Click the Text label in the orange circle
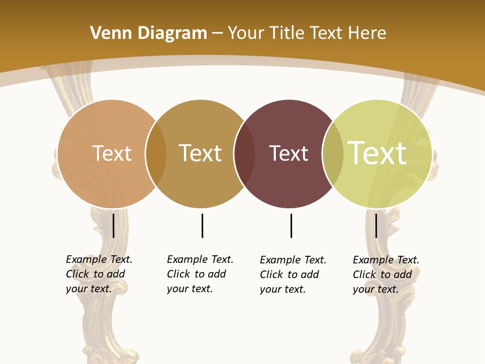click(112, 153)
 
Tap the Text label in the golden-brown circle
click(201, 153)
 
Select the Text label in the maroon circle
click(288, 153)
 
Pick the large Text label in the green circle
click(377, 153)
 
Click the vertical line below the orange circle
click(113, 225)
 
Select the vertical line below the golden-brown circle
click(202, 225)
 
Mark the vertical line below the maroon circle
click(291, 225)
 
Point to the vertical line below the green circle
click(376, 225)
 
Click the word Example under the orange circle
click(86, 259)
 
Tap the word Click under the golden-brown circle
click(178, 274)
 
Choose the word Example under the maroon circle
click(280, 260)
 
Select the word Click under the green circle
click(364, 275)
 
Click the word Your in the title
click(246, 33)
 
